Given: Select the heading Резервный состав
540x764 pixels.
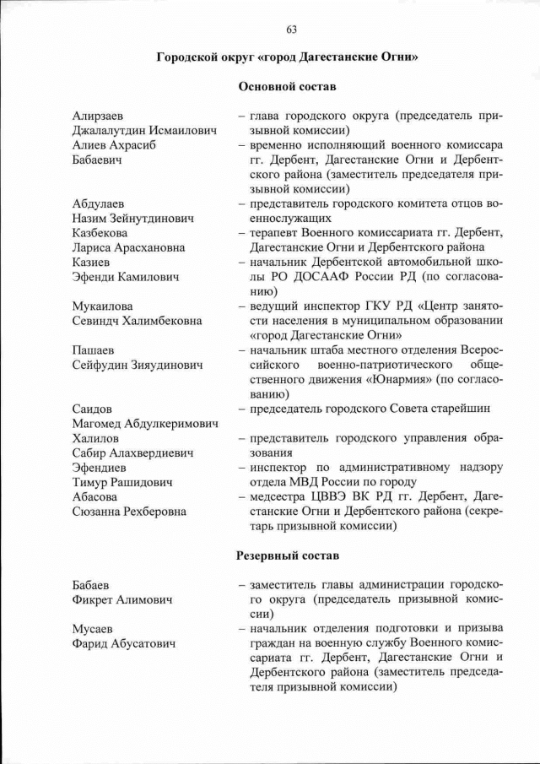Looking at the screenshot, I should click(288, 555).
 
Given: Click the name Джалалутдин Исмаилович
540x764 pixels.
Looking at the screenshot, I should click(144, 131).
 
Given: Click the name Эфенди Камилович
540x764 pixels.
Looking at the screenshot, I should click(124, 277).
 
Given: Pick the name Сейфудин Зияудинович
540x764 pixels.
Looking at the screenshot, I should click(138, 365).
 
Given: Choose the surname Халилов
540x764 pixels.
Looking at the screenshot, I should click(95, 438).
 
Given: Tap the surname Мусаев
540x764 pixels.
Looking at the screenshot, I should click(94, 629).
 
